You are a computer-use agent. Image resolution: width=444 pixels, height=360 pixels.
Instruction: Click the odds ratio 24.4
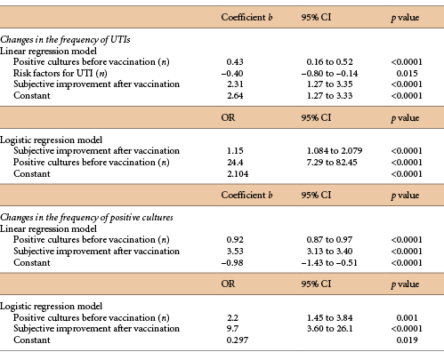pos(236,163)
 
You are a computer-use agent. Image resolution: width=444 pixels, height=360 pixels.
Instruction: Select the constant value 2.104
pos(237,174)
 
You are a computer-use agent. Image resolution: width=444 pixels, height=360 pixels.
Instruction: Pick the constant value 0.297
pos(237,340)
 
